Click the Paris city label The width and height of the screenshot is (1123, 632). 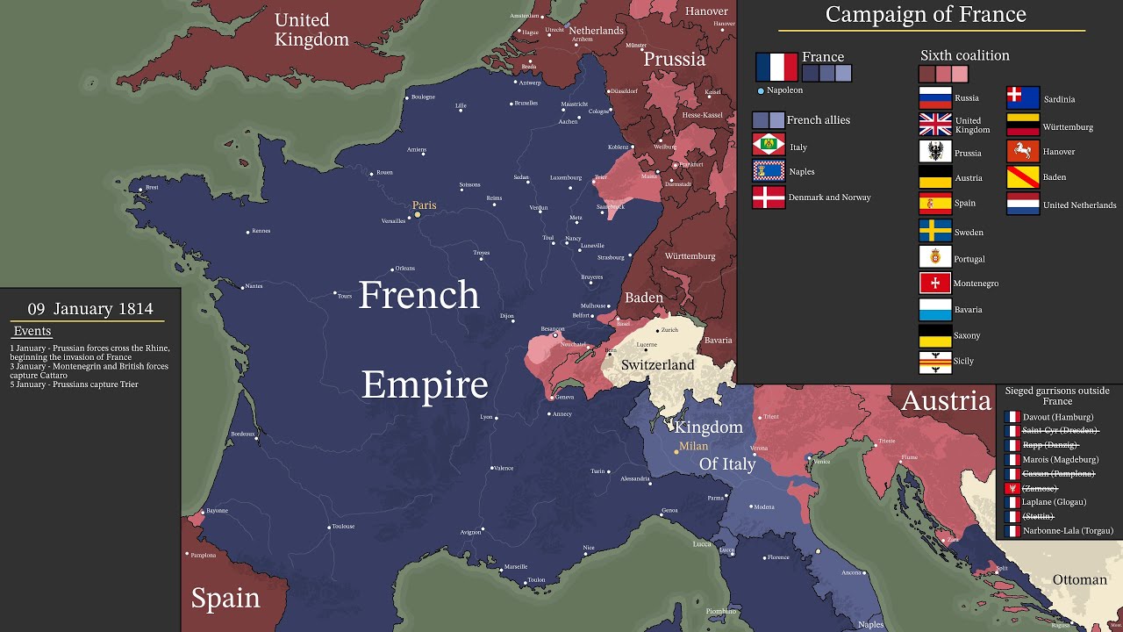pyautogui.click(x=425, y=205)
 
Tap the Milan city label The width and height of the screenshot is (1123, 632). pyautogui.click(x=693, y=446)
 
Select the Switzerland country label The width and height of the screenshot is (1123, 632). pyautogui.click(x=657, y=364)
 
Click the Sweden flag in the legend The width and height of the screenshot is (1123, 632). pyautogui.click(x=934, y=231)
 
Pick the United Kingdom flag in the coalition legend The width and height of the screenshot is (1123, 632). pyautogui.click(x=934, y=124)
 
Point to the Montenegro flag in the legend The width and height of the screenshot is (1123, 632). pyautogui.click(x=934, y=283)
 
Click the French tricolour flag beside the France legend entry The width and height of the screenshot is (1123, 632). pyautogui.click(x=776, y=67)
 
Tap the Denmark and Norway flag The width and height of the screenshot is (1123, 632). pyautogui.click(x=768, y=197)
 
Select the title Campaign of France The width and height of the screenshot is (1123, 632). pyautogui.click(x=926, y=15)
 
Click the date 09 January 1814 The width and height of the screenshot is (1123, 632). pyautogui.click(x=90, y=308)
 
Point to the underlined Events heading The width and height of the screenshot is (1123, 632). pyautogui.click(x=32, y=331)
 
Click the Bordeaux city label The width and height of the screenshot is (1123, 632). pyautogui.click(x=242, y=434)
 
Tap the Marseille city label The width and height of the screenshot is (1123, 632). pyautogui.click(x=515, y=567)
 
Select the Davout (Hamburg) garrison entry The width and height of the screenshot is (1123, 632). pyautogui.click(x=1057, y=417)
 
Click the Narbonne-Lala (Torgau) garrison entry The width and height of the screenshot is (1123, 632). pyautogui.click(x=1067, y=531)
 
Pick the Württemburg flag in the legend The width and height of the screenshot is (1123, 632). pyautogui.click(x=1022, y=126)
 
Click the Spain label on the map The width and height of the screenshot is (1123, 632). pyautogui.click(x=225, y=598)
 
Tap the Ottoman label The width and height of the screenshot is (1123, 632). pyautogui.click(x=1079, y=579)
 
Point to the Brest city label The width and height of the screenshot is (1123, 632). pyautogui.click(x=152, y=187)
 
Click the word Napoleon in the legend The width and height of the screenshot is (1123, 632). pyautogui.click(x=784, y=90)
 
